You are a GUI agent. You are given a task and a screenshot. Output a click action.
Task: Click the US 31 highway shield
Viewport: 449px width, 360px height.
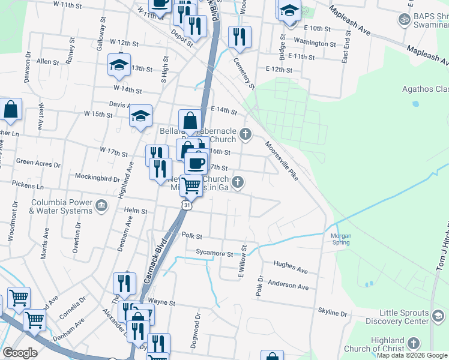coord(187,206)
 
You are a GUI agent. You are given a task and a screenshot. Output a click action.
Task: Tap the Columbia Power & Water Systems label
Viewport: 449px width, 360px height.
coord(62,206)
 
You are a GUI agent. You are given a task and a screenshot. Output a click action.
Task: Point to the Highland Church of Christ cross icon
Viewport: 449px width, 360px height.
coord(413,343)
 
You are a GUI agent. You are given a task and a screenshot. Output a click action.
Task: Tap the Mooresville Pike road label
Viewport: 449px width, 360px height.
coord(282,160)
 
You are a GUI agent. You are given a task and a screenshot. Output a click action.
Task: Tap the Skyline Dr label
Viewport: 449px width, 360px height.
coord(333,313)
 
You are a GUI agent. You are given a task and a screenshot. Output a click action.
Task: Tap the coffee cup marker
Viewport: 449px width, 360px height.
coord(195,163)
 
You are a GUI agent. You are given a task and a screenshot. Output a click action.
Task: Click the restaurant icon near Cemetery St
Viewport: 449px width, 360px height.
coord(240,37)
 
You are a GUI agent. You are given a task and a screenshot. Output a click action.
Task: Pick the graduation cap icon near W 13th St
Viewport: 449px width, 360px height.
coord(119,65)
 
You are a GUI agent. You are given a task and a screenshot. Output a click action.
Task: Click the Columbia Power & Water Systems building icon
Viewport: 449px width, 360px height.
coord(101,206)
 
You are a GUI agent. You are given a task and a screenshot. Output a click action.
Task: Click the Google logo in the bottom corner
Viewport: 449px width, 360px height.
coord(20,353)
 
